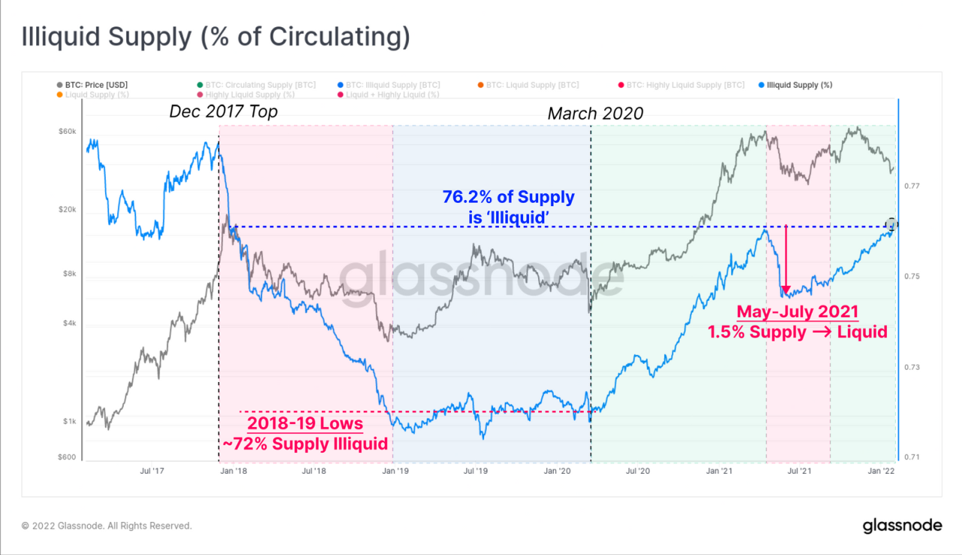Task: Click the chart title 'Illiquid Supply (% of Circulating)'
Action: [x=216, y=38]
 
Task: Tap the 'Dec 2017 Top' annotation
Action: [x=223, y=112]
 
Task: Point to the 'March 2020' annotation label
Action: [x=595, y=114]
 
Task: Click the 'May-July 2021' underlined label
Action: [x=797, y=311]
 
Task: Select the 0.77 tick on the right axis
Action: [x=911, y=186]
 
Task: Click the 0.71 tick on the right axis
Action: [x=911, y=457]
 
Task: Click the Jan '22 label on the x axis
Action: [x=881, y=472]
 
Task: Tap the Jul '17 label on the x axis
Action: [x=153, y=472]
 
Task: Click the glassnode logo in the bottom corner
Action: [x=901, y=525]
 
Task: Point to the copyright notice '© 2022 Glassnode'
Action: [x=107, y=526]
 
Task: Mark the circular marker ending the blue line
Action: [x=892, y=224]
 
